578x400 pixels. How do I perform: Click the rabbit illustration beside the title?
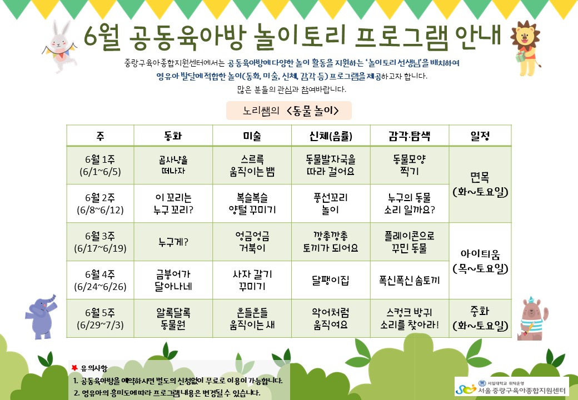(60, 46)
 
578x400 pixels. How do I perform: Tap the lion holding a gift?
(526, 48)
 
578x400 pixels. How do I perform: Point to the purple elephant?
(41, 317)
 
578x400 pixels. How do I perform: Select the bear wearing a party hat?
(532, 318)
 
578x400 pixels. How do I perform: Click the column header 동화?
(173, 136)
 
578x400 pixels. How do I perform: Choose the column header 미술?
(252, 136)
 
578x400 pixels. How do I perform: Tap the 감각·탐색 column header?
(409, 136)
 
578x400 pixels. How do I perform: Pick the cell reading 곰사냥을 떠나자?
(173, 166)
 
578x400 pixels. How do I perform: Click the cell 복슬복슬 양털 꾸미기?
(252, 204)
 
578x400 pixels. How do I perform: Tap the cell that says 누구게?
(173, 242)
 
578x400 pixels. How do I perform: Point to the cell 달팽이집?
(330, 281)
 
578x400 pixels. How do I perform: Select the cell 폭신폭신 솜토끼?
(409, 281)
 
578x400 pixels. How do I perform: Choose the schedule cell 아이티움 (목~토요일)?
(480, 261)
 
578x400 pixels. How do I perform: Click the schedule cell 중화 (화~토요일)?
(480, 318)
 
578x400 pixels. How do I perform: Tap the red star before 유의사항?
(74, 368)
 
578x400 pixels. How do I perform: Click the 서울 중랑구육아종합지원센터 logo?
(511, 387)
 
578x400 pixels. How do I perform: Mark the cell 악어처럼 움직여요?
(330, 318)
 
